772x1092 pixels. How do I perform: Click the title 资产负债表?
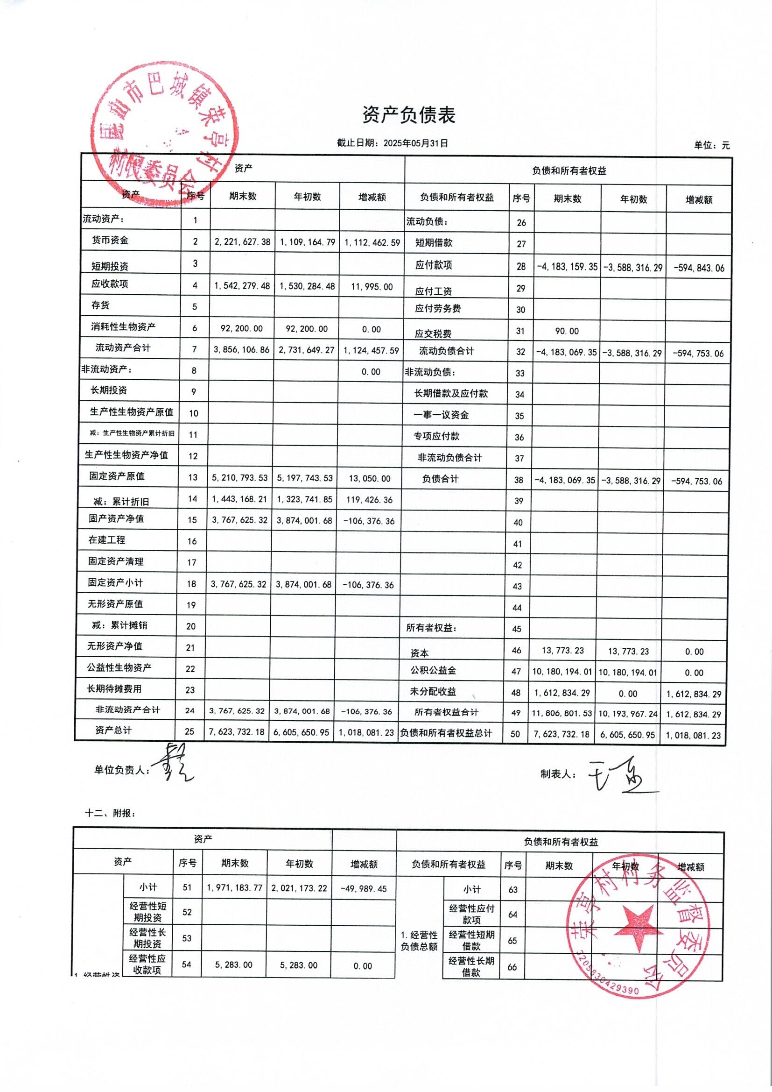[x=409, y=115]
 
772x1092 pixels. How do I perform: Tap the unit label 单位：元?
[x=711, y=146]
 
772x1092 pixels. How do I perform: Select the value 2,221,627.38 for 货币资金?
[x=242, y=242]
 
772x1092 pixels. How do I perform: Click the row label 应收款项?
[x=110, y=284]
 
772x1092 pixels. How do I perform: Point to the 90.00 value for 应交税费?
[x=567, y=331]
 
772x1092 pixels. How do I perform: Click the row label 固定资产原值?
[x=117, y=476]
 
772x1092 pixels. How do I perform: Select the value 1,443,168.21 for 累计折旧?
[x=240, y=499]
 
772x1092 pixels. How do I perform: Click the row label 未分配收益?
[x=433, y=692]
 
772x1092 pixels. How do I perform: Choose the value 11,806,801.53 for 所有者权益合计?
[x=562, y=713]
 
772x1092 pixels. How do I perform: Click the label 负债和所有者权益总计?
[x=446, y=733]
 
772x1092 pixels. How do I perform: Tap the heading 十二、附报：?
[x=110, y=813]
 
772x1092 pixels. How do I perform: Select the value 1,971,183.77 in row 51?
[x=234, y=887]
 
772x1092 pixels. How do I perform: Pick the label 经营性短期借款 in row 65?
[x=471, y=940]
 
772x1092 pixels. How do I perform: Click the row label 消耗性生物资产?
[x=123, y=327]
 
